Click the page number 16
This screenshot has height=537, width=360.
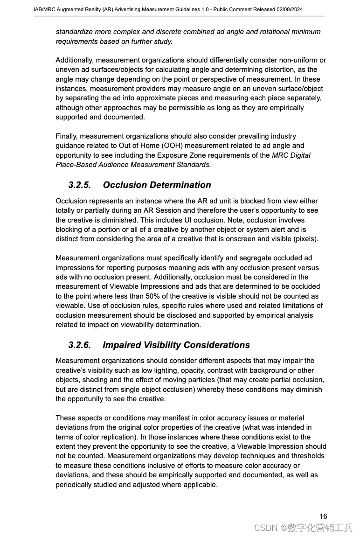click(323, 516)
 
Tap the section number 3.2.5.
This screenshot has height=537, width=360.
click(79, 185)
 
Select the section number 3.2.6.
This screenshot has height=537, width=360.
click(79, 345)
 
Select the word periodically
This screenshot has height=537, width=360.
click(76, 484)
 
